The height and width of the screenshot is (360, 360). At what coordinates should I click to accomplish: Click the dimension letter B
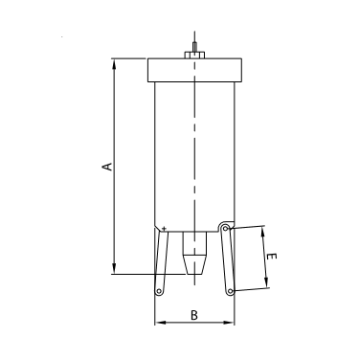tap(194, 313)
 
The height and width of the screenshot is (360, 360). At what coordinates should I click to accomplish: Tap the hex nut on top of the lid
tap(194, 56)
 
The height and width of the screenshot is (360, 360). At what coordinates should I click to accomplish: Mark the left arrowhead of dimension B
tap(159, 323)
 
